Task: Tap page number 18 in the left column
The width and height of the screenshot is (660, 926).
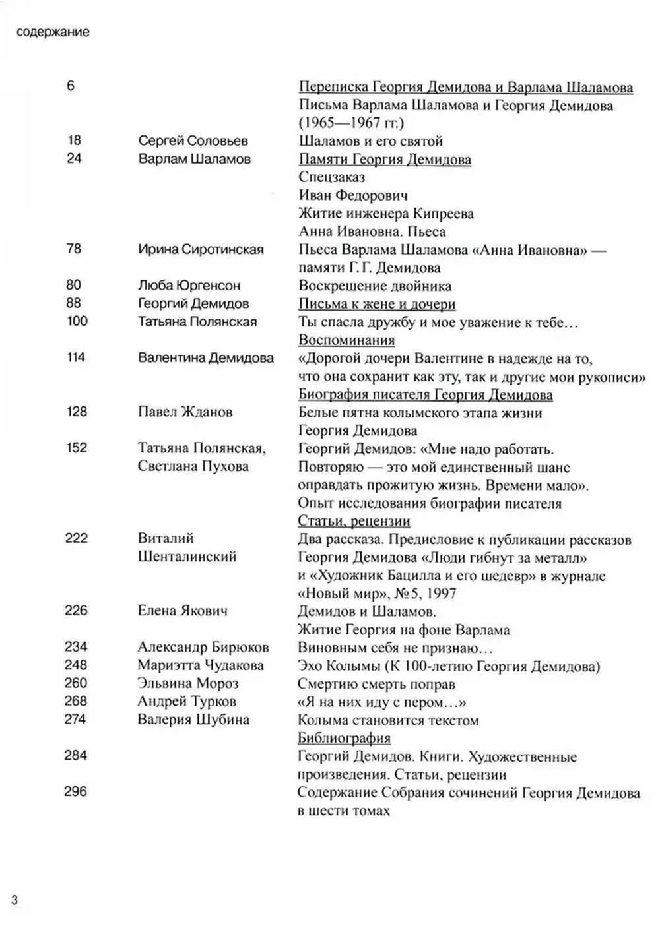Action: (74, 140)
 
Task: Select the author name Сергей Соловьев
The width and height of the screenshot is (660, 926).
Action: (193, 140)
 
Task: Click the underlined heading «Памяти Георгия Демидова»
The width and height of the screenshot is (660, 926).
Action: (385, 159)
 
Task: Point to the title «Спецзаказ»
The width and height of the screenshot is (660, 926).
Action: (331, 177)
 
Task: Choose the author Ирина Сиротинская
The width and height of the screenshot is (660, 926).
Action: (201, 249)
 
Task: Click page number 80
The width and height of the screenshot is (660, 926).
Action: (74, 285)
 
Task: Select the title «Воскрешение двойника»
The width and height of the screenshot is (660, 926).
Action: (375, 286)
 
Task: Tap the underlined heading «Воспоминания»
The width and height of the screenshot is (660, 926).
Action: (346, 340)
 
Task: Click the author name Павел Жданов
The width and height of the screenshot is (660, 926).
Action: (185, 412)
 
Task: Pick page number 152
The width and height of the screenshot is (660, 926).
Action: (77, 448)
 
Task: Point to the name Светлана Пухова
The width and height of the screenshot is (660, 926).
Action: (193, 466)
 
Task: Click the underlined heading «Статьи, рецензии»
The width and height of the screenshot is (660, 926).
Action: (354, 521)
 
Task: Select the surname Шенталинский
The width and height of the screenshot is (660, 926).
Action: (187, 557)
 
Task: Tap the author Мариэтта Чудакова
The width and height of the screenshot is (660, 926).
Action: (201, 665)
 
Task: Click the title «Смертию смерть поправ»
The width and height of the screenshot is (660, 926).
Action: (376, 684)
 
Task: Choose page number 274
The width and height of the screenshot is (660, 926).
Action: (75, 719)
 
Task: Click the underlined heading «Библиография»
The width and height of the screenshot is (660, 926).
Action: (344, 738)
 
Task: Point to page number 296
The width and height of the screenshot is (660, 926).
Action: (75, 791)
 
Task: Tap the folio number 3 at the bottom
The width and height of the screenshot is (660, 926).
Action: (15, 900)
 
